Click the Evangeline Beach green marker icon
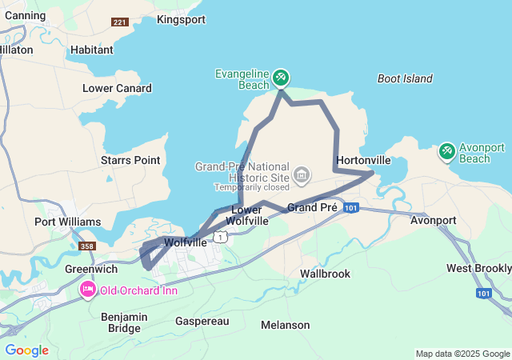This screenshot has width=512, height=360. [281, 78]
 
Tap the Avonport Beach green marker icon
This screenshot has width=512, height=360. [447, 150]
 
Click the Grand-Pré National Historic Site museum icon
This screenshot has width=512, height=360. [302, 174]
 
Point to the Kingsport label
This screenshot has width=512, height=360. [181, 19]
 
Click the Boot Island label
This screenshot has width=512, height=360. [404, 78]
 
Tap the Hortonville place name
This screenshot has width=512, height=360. [364, 160]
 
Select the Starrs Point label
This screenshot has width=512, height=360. [130, 160]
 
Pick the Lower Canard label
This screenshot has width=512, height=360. [114, 88]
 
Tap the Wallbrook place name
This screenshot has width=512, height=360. [326, 274]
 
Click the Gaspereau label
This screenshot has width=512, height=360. [202, 321]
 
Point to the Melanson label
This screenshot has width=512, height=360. [286, 325]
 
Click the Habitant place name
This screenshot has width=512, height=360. [91, 50]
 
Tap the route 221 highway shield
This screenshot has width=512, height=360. [121, 22]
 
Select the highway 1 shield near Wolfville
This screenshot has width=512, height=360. [221, 236]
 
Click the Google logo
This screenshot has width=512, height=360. [26, 350]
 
